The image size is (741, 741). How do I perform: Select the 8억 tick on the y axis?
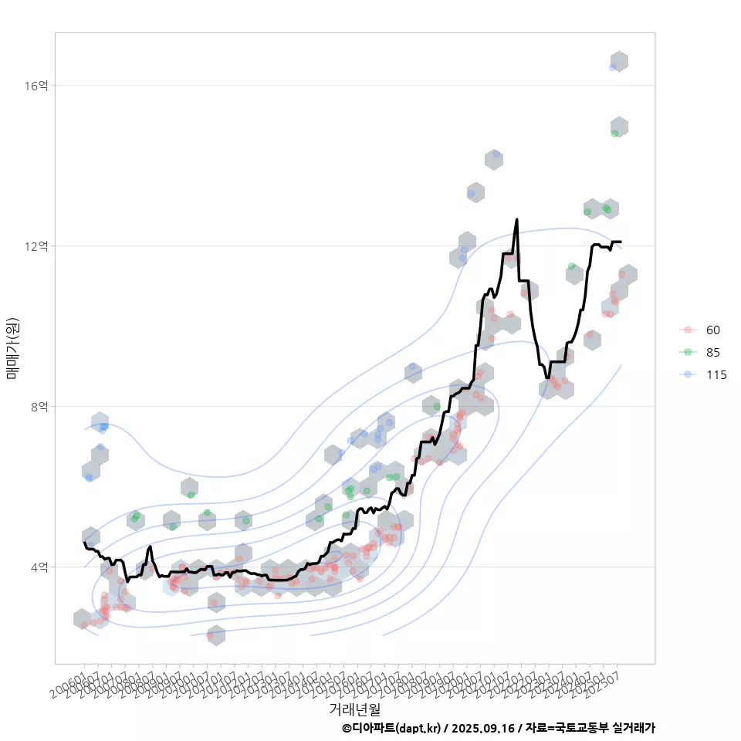pos(39,407)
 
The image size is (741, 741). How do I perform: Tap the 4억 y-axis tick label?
pos(39,567)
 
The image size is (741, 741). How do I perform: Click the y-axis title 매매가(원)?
pos(12,347)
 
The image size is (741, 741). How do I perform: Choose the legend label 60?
pos(712,330)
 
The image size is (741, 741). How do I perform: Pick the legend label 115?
pos(716,375)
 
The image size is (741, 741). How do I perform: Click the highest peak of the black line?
pos(516,219)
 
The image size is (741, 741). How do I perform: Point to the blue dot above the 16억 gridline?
pos(613,67)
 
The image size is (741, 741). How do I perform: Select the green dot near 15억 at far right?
pos(614,134)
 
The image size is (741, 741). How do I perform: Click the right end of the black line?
pos(621,242)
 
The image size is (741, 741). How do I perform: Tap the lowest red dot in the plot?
pos(210,636)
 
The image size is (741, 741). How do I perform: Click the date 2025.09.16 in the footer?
pos(484,728)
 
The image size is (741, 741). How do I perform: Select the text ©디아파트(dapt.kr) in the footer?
pos(392,728)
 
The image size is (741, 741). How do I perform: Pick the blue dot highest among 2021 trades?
pos(496,154)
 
